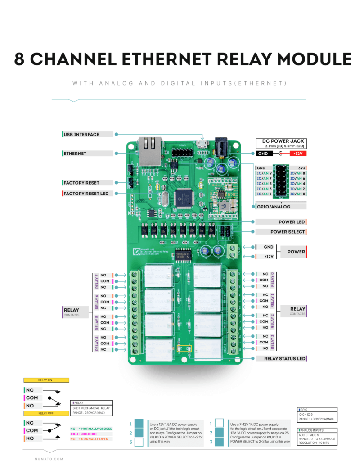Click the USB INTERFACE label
[81, 134]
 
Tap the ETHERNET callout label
[75, 154]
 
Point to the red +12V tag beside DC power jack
[298, 154]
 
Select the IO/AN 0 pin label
[298, 194]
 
